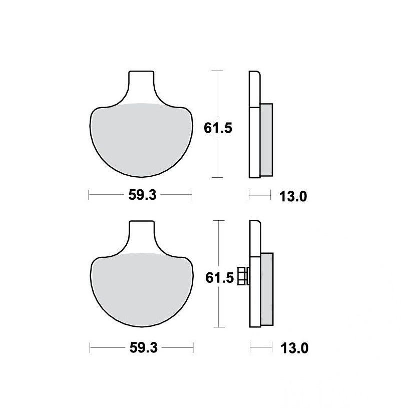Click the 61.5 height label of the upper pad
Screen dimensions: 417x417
[218, 128]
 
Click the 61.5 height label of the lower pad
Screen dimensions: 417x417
[219, 278]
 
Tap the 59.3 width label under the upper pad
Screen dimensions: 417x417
[142, 195]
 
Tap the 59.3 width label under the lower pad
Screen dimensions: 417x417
[144, 347]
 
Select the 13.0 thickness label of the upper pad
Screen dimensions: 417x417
[293, 197]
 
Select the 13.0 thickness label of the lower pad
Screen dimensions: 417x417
[294, 348]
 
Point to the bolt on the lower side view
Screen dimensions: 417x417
[243, 276]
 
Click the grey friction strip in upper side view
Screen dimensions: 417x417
[266, 140]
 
